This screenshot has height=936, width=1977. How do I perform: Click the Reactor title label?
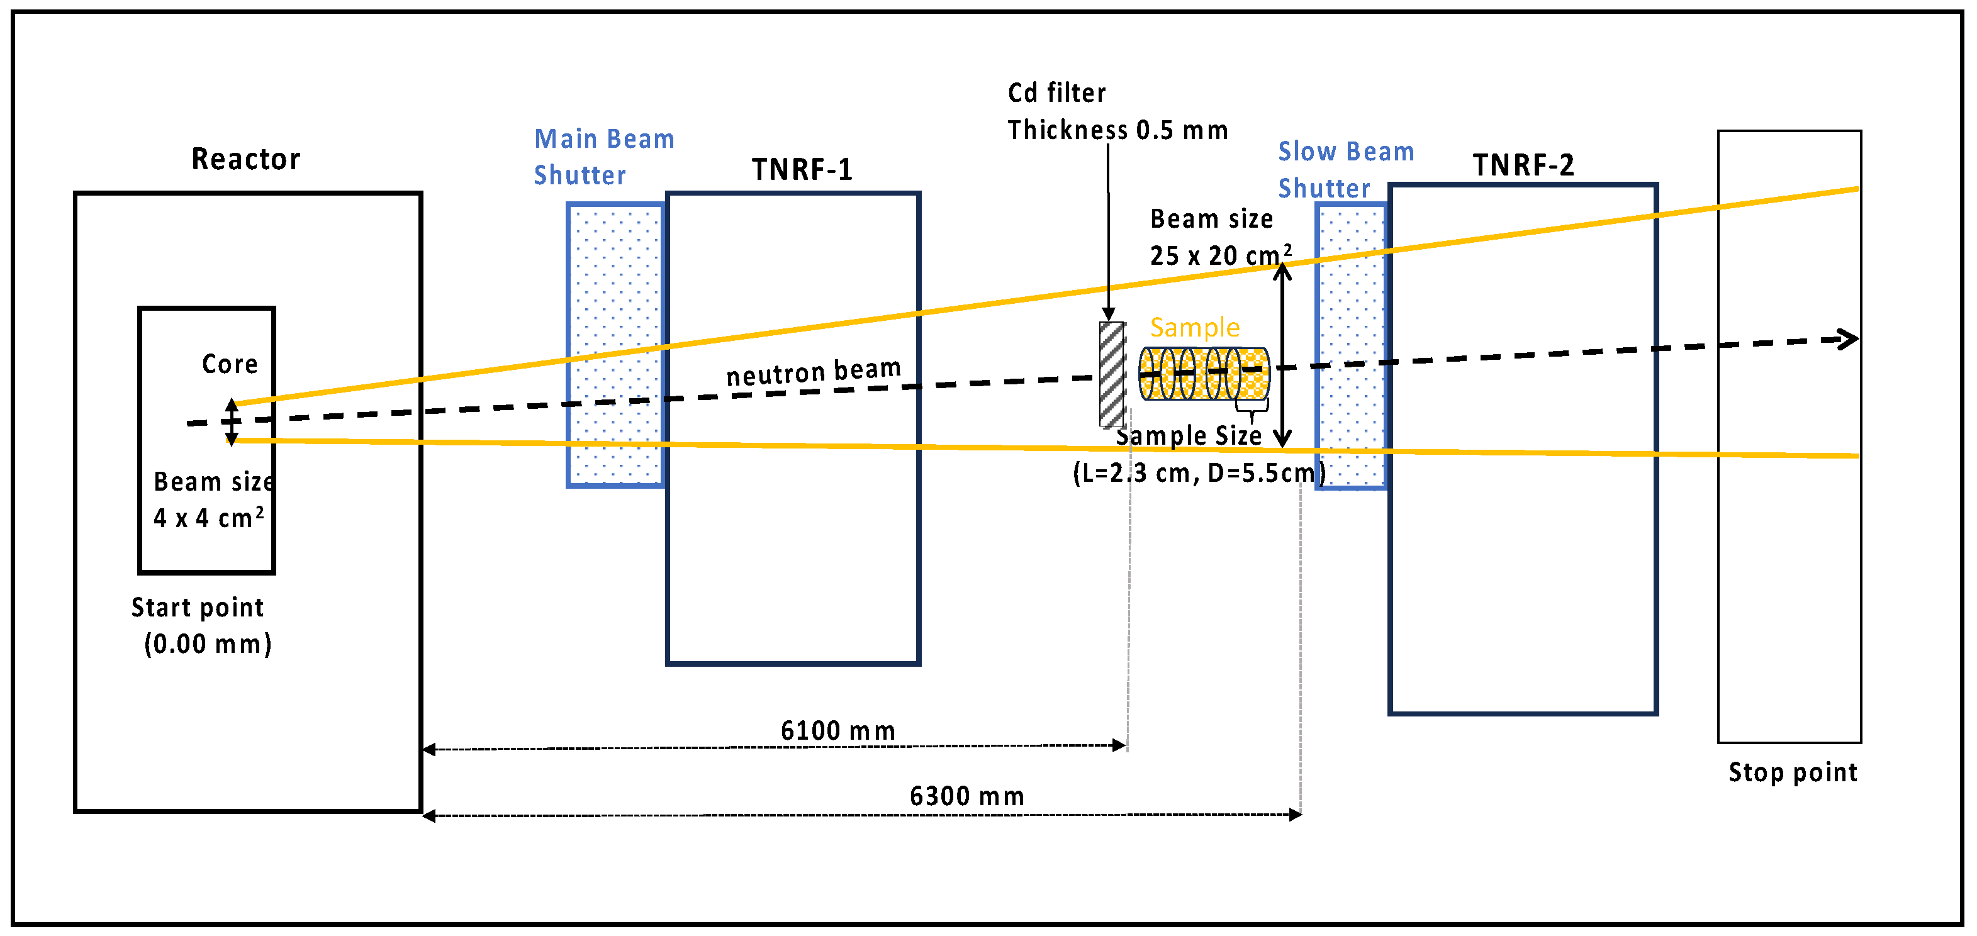point(245,159)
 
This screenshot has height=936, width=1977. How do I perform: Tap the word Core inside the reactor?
point(230,364)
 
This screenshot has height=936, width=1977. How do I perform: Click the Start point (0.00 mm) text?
point(201,625)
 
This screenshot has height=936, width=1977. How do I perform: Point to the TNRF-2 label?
point(1523,165)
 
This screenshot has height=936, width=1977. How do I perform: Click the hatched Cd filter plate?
point(1112,374)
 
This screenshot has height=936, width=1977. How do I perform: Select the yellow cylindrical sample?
point(1204,374)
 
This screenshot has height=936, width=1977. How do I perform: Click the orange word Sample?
point(1194,328)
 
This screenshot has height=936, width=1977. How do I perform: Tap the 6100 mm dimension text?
point(837,730)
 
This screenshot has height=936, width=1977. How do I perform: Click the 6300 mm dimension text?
point(966,796)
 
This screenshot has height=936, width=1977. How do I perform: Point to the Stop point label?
point(1792,772)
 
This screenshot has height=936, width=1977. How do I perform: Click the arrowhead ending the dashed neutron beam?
point(1848,338)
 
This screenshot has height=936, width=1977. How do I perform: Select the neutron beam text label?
point(814,372)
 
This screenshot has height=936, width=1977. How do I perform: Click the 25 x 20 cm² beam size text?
point(1219,254)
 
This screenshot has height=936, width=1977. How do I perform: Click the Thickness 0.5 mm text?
point(1117,130)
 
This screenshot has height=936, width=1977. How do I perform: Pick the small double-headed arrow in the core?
point(231,421)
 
